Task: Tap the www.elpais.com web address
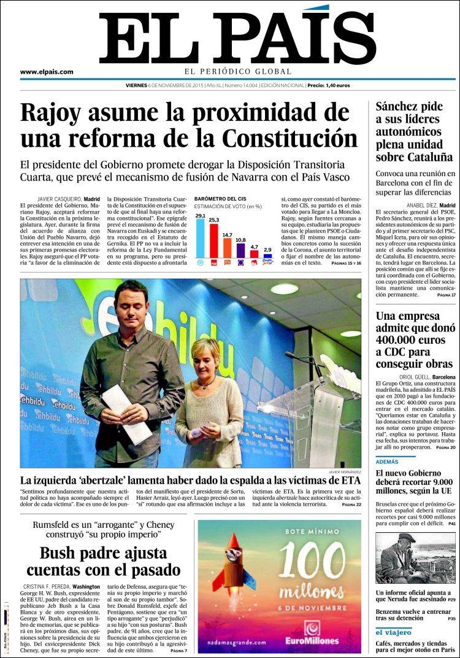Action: click(x=47, y=72)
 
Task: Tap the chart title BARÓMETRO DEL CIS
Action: click(x=219, y=199)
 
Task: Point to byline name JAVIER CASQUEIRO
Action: click(x=59, y=199)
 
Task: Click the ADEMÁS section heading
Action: click(x=387, y=462)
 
